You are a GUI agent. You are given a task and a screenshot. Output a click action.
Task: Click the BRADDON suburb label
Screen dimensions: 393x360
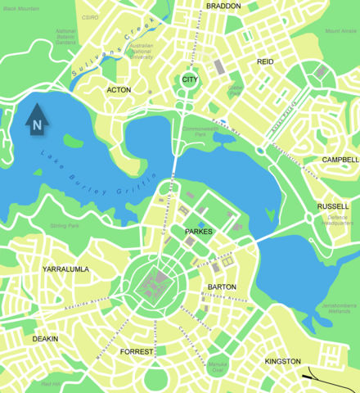coord(223,6)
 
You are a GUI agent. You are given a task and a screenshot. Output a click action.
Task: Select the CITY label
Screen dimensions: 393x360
coord(190,79)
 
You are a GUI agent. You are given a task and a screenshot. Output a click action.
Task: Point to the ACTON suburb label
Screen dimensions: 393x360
coord(119,89)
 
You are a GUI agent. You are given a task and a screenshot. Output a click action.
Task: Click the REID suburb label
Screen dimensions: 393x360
coord(265,61)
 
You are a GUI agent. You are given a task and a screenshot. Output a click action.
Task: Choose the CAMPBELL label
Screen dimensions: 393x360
coord(340,160)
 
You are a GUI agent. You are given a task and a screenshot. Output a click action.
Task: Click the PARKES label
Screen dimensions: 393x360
coord(198,232)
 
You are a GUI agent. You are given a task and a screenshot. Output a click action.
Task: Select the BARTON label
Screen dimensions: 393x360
coord(222,287)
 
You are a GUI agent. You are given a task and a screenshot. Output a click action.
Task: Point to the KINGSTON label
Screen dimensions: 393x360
coord(283,361)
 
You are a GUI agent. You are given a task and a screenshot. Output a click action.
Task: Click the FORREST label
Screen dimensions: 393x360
coord(136,351)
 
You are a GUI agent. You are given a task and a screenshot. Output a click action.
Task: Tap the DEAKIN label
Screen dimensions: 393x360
coord(45,338)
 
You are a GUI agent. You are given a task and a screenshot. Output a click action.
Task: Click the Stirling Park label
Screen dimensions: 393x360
coord(64,224)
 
